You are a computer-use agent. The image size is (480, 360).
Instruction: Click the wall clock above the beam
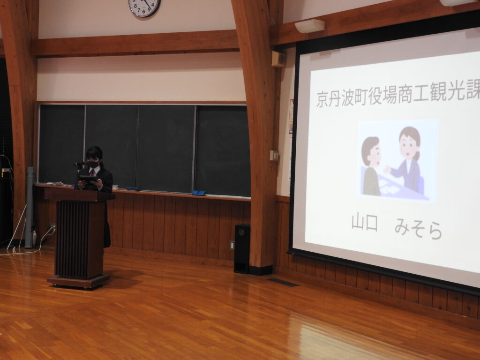(x=144, y=6)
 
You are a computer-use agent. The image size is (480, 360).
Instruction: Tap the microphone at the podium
(x=79, y=164)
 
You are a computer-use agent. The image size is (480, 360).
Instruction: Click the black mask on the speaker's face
(x=93, y=165)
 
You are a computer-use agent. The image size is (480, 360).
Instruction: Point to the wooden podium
(x=79, y=238)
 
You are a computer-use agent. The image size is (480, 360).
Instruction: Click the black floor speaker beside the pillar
(x=242, y=248)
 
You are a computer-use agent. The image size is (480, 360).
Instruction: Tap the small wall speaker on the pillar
(x=278, y=59)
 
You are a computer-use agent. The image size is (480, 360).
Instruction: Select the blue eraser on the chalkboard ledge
(x=198, y=193)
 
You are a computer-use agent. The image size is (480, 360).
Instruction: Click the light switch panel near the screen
(x=274, y=155)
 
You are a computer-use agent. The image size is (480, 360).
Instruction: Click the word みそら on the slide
(x=418, y=229)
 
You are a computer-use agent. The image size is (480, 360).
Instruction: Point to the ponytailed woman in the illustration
(x=405, y=159)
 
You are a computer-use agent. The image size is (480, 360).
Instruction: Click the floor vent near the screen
(x=283, y=282)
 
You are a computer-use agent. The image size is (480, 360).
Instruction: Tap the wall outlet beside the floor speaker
(x=232, y=245)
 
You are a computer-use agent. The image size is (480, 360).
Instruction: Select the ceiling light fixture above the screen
(x=309, y=26)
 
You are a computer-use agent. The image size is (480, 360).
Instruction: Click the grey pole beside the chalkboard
(x=29, y=207)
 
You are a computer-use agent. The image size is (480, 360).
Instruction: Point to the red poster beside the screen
(x=291, y=116)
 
